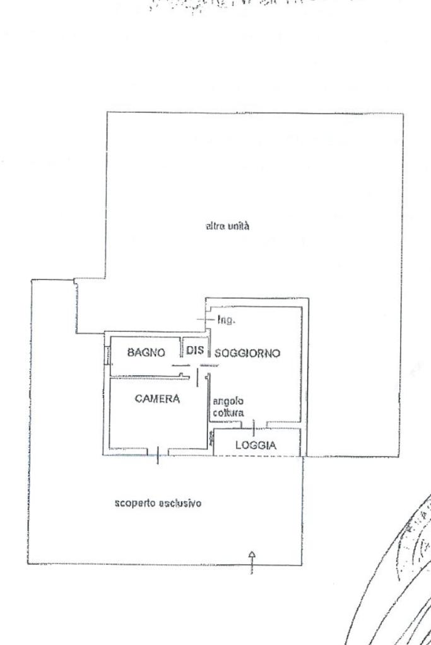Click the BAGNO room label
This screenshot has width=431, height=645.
point(146,352)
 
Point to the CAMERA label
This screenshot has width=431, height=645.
point(158,398)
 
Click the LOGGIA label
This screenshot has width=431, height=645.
point(256,445)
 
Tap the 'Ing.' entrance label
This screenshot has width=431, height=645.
point(225,320)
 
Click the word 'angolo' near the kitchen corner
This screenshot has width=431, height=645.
point(228,401)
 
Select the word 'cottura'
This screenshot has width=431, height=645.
point(228,412)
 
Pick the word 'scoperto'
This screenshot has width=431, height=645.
point(134,503)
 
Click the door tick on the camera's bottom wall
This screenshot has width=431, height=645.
point(158,454)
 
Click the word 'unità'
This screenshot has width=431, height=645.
point(239,226)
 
